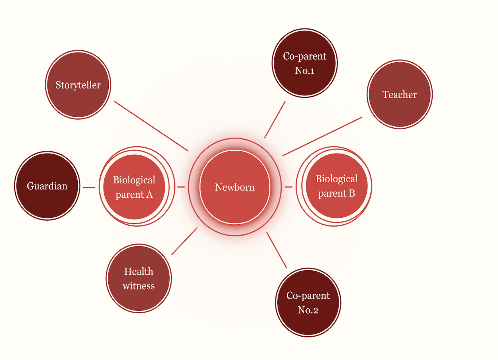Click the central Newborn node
235,187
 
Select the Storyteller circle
78,85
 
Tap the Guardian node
47,186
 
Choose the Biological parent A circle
134,187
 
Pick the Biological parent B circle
336,186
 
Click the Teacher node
399,94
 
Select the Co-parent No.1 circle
305,63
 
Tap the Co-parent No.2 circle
308,302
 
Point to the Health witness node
139,278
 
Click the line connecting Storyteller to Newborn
151,126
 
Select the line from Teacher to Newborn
323,136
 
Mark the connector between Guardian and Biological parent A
89,187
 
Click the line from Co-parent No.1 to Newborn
275,120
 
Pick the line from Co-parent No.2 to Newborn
277,250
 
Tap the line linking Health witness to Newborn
185,241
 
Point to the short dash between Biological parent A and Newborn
181,187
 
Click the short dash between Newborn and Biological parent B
289,187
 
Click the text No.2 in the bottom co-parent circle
308,310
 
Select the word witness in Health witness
139,286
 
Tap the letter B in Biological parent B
352,193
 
